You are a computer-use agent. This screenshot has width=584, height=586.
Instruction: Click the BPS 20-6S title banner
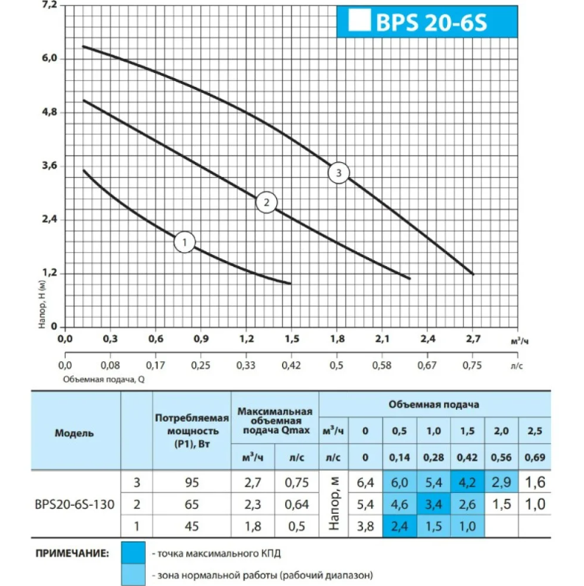[427, 21]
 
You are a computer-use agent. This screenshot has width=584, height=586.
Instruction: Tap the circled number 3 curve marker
[338, 173]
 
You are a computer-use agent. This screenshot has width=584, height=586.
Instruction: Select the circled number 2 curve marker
[266, 202]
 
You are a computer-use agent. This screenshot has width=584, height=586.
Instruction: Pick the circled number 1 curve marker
[184, 242]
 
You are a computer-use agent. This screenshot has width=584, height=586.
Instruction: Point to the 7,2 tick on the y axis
[49, 5]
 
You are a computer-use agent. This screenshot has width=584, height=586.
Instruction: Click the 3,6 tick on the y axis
[49, 166]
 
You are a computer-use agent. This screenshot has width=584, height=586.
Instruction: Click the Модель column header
[74, 433]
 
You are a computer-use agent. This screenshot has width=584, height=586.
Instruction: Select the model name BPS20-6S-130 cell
[74, 506]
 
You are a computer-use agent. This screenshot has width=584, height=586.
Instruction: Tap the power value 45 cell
[191, 528]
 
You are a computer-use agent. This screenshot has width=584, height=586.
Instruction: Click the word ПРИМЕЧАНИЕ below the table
[70, 552]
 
